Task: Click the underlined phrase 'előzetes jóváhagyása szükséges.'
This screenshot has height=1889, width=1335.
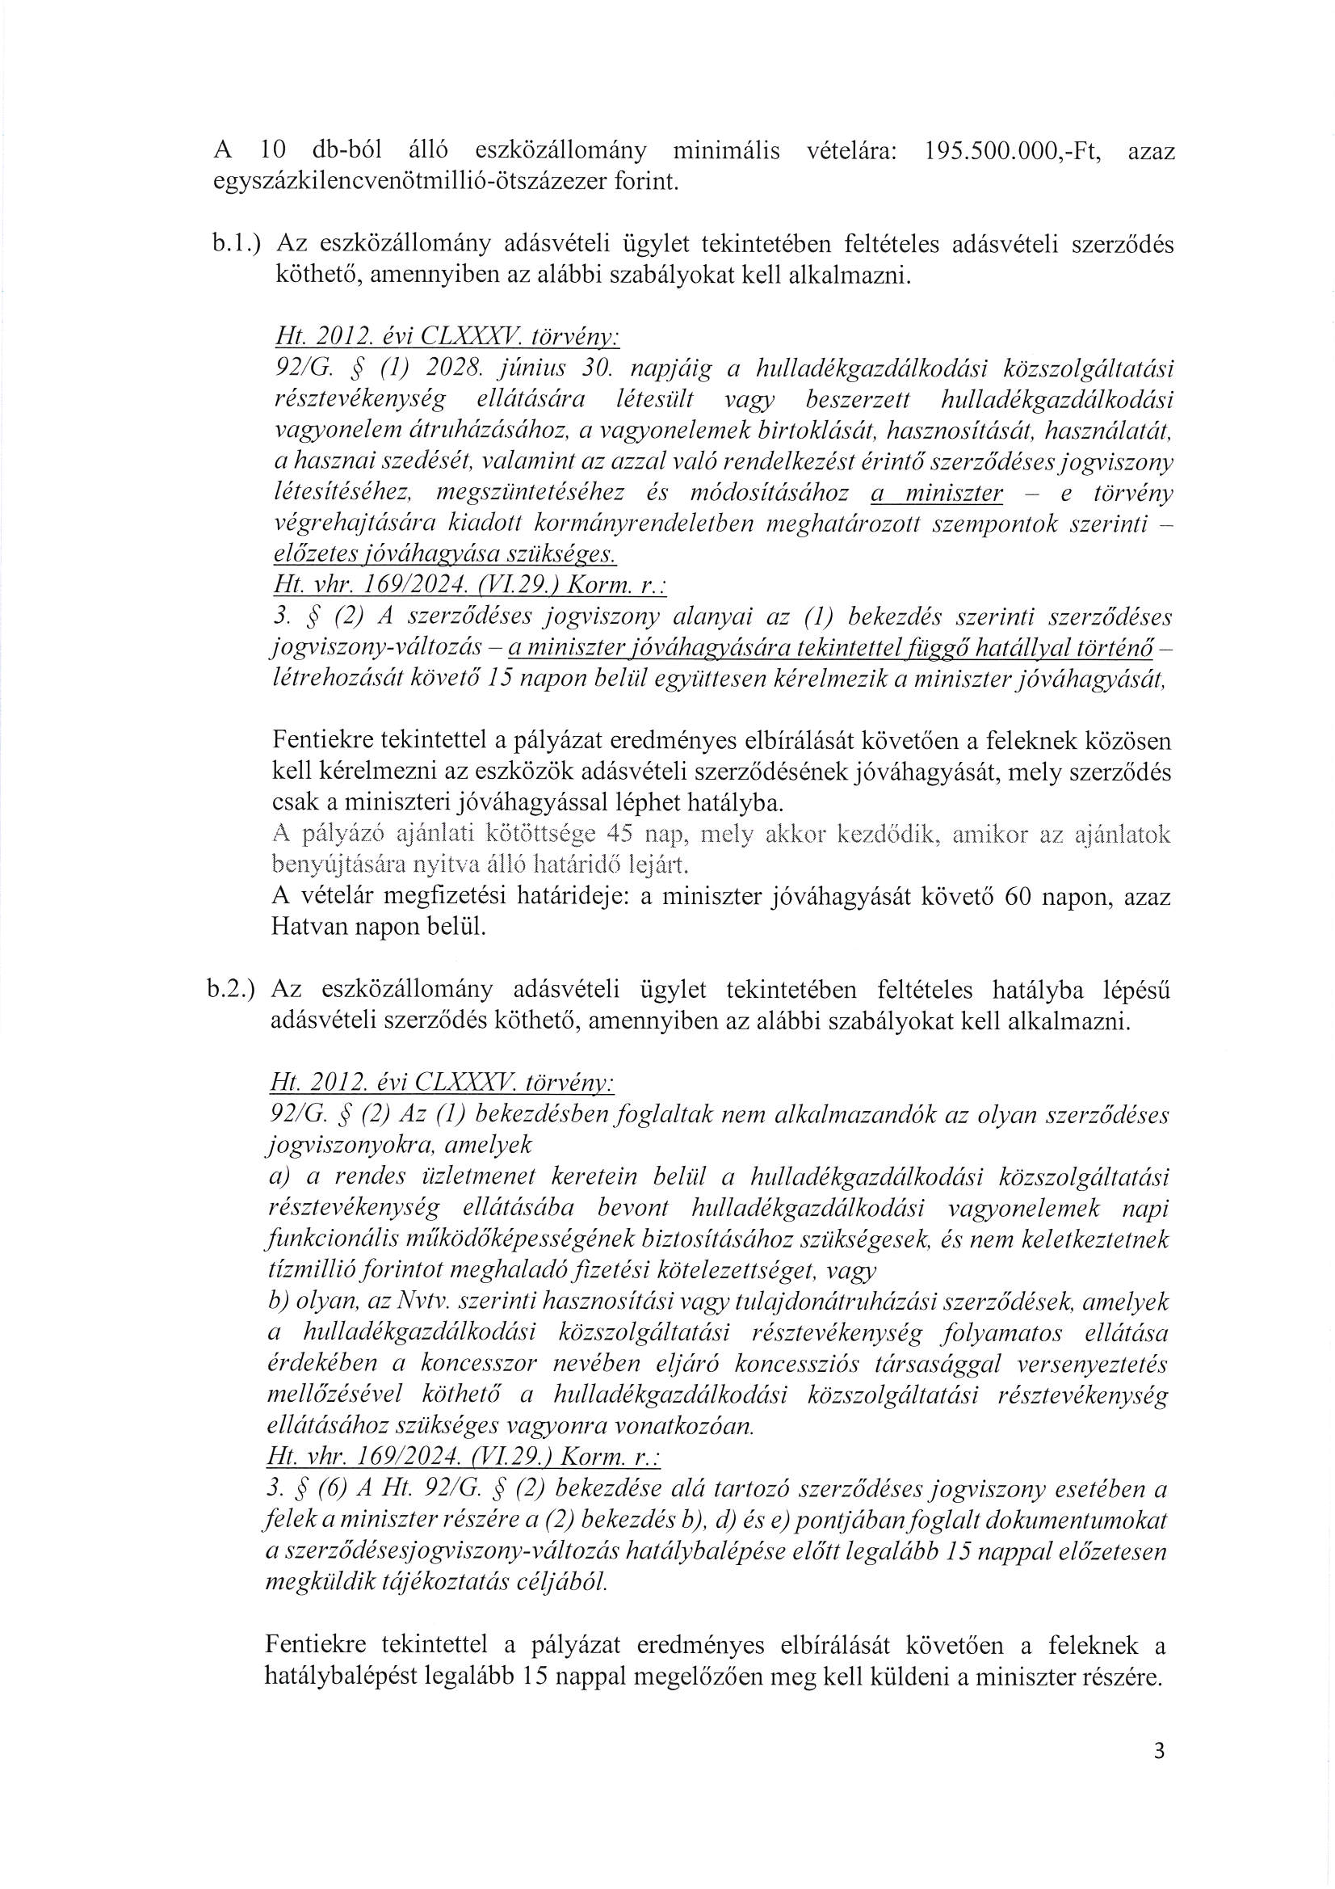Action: point(444,554)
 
